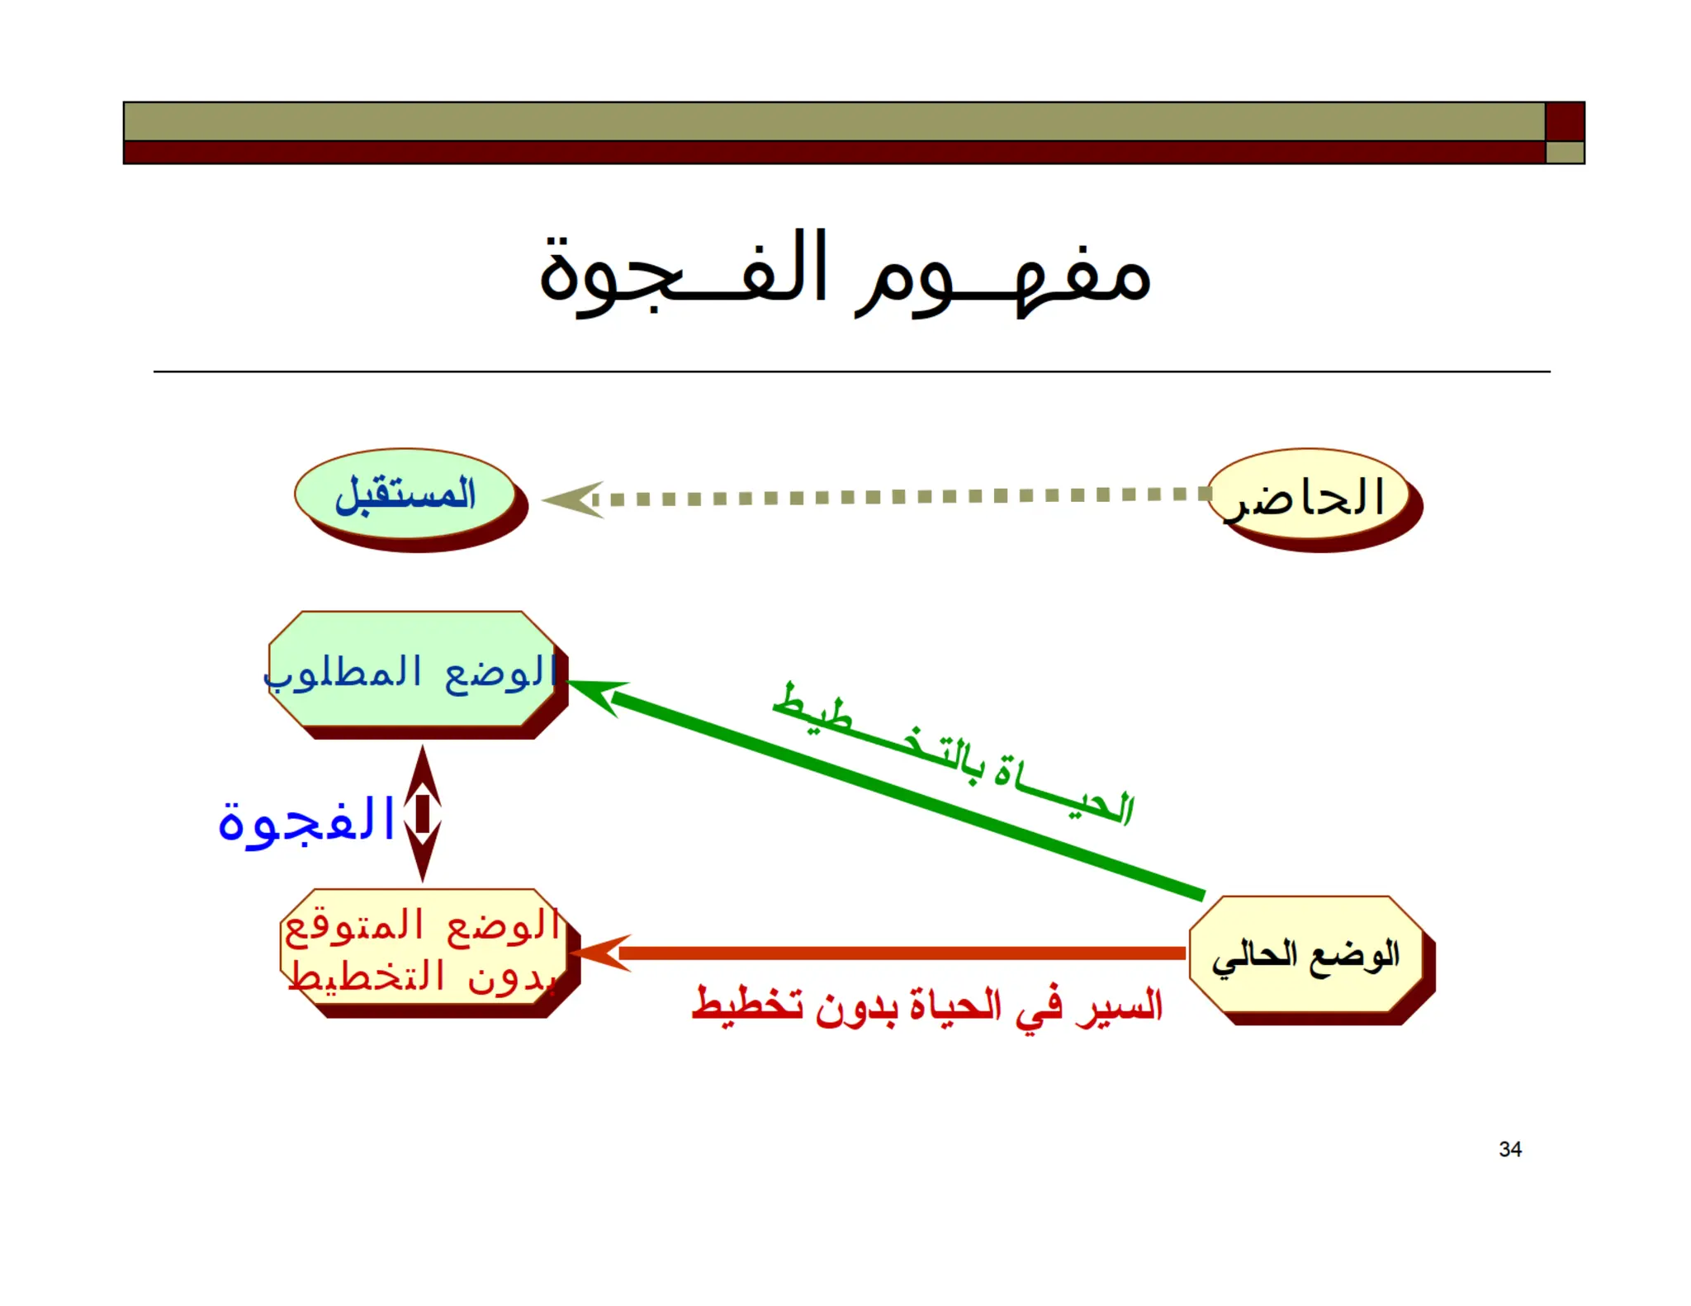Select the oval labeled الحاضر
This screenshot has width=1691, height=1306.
pos(1309,494)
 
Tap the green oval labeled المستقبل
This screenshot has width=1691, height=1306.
pos(405,494)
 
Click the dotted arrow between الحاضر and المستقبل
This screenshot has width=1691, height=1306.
pos(900,497)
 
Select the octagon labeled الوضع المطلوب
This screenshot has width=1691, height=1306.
pos(412,670)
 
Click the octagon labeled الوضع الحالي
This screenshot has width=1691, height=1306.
pos(1306,955)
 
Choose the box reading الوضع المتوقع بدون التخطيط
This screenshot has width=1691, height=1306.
pos(423,947)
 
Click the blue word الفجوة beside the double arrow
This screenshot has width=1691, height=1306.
pos(306,821)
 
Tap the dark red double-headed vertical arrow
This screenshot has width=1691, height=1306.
pos(423,813)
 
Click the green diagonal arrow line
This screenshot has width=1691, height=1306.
pos(908,795)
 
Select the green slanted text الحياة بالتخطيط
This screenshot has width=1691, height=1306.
pos(954,753)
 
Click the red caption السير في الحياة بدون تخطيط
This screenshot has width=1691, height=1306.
pos(926,1006)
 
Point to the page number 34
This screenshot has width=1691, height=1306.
pos(1510,1149)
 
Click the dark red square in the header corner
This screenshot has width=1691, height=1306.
pos(1565,121)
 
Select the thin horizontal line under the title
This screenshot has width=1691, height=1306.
pos(850,371)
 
